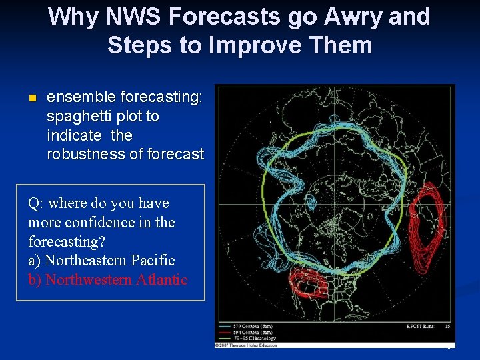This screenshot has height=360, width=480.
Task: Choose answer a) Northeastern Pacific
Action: [101, 260]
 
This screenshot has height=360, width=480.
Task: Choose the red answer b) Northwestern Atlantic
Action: [108, 279]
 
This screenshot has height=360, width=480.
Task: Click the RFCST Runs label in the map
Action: [421, 326]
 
